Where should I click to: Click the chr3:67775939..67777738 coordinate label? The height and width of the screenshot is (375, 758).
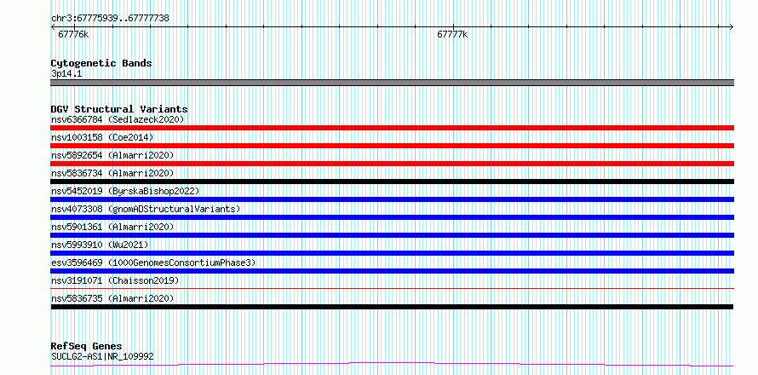coord(110,19)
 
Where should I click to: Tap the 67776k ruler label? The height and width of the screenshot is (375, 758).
coord(73,34)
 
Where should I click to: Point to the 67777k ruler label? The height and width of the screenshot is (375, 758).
coord(452,34)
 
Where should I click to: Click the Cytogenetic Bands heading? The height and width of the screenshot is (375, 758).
coord(101,63)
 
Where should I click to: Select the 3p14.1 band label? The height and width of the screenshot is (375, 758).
coord(66,74)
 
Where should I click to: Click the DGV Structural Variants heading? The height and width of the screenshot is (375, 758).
coord(119,109)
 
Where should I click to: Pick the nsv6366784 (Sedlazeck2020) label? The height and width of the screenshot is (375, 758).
coord(118,119)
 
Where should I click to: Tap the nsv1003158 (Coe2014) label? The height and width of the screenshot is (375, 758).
coord(102,137)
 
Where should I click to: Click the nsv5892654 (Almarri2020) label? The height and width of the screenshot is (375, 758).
coord(112,155)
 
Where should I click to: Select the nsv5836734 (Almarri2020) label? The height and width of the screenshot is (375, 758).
coord(112,173)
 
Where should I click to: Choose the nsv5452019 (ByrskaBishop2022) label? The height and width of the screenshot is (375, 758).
coord(125,191)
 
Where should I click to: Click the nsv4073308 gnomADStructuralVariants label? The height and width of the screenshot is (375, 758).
coord(146,209)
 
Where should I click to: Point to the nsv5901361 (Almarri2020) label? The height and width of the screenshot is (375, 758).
coord(112,227)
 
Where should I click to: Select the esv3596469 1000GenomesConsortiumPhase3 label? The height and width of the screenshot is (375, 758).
coord(153,262)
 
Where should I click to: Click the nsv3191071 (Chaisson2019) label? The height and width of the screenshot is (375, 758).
coord(115,280)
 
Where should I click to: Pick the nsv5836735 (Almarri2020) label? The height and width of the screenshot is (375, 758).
coord(112,298)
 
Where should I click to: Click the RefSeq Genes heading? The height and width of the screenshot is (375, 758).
coord(86,347)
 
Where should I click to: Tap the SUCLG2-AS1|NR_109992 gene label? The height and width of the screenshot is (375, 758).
coord(102,357)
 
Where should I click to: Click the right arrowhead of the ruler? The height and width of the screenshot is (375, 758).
coord(732,27)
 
